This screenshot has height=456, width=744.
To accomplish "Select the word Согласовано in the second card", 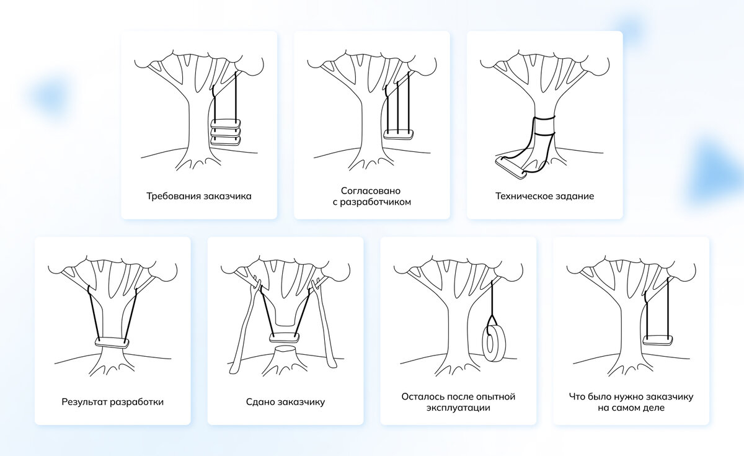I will tap(371, 190).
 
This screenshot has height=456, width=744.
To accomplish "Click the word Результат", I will tap(84, 401).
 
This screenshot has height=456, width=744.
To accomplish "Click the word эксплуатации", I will tap(458, 408).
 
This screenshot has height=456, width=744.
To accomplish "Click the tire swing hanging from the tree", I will tap(494, 344).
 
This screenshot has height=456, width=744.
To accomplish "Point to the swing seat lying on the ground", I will tap(510, 167).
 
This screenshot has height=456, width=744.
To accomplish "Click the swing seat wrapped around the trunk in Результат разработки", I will tap(112, 342).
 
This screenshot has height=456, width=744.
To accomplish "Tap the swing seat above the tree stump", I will tap(285, 338).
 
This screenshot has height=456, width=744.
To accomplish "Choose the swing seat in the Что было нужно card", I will tap(658, 340).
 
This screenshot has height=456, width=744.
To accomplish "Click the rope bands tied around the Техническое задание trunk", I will tap(544, 125).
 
